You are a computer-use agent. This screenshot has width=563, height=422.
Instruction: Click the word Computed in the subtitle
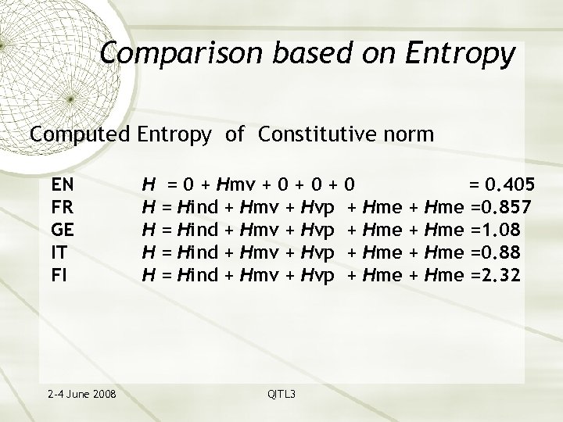(x=80, y=134)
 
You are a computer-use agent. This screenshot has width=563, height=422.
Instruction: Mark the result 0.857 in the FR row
(x=507, y=207)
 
